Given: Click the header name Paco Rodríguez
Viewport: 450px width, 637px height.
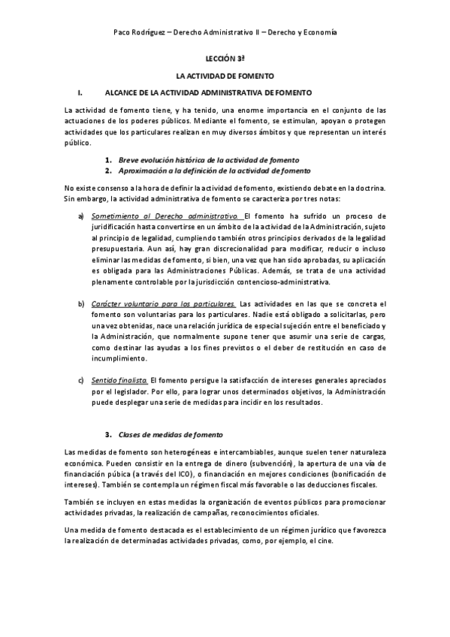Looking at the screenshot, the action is point(140,34).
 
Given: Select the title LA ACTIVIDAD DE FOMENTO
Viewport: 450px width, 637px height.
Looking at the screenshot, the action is point(225,76).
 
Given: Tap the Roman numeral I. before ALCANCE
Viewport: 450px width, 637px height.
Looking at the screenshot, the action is point(80,92).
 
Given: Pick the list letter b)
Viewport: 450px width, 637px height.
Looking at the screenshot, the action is point(81,303).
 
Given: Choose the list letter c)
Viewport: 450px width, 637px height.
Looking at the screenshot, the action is point(81,381).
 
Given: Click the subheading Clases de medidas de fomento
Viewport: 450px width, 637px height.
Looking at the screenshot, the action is point(167,436).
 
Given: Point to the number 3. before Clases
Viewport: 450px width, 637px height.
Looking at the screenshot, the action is point(109,436).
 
